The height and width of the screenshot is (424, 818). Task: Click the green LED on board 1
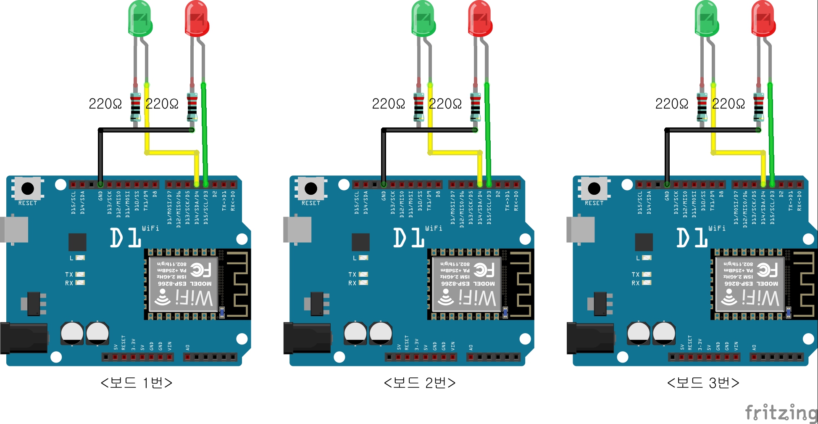click(x=140, y=19)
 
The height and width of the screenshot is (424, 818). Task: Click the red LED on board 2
click(x=480, y=19)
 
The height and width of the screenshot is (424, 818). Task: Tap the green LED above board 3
click(x=707, y=19)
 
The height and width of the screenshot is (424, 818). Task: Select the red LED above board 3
click(x=763, y=19)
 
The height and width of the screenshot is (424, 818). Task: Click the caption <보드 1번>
click(x=137, y=383)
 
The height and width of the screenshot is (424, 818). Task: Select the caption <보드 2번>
click(x=420, y=383)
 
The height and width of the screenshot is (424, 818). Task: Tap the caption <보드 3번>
click(x=703, y=383)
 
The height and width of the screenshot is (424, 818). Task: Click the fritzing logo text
click(x=781, y=412)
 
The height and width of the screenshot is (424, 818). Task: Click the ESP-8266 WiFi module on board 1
click(x=184, y=284)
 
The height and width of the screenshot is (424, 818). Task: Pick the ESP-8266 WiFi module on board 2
click(x=467, y=284)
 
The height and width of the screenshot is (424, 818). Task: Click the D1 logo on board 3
click(x=692, y=238)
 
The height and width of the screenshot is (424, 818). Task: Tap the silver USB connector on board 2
click(x=297, y=230)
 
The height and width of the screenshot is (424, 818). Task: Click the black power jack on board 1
click(x=23, y=337)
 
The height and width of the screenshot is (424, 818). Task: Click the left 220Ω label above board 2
click(x=388, y=103)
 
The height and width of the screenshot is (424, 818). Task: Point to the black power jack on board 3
click(x=589, y=337)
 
